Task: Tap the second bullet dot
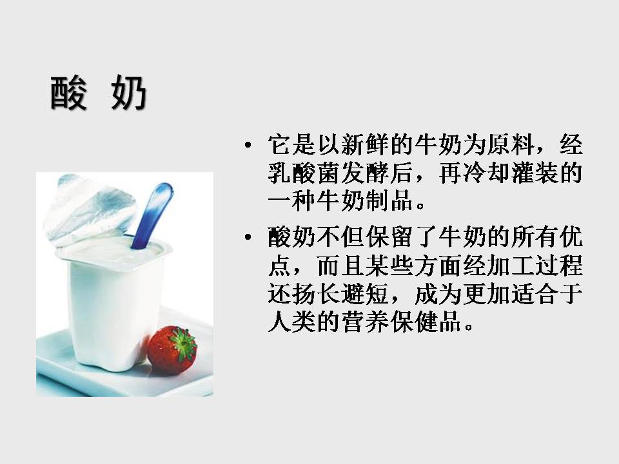point(249,240)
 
